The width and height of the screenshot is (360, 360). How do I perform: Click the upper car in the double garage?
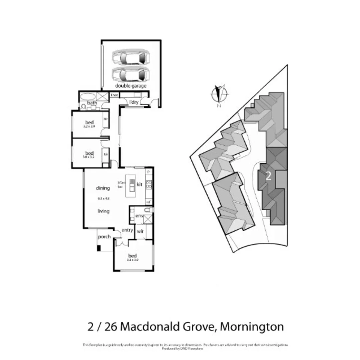130,57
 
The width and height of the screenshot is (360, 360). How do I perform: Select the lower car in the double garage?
130,74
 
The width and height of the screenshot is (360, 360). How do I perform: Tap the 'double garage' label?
131,86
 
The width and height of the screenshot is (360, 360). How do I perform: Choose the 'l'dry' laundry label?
133,102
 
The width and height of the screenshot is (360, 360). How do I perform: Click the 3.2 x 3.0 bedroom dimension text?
89,127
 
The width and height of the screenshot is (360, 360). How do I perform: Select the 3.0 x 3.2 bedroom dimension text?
89,157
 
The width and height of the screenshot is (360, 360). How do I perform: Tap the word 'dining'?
103,188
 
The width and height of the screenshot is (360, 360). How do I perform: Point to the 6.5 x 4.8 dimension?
104,198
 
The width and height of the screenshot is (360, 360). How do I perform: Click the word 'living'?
103,211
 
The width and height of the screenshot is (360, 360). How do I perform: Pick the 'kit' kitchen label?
139,184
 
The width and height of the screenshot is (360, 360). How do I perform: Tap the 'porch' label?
104,237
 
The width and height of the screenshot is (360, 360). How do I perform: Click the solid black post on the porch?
99,248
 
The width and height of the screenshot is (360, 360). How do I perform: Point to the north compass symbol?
219,94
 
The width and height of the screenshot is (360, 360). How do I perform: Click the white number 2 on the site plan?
268,176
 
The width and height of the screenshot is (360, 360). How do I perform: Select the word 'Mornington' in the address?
252,326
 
